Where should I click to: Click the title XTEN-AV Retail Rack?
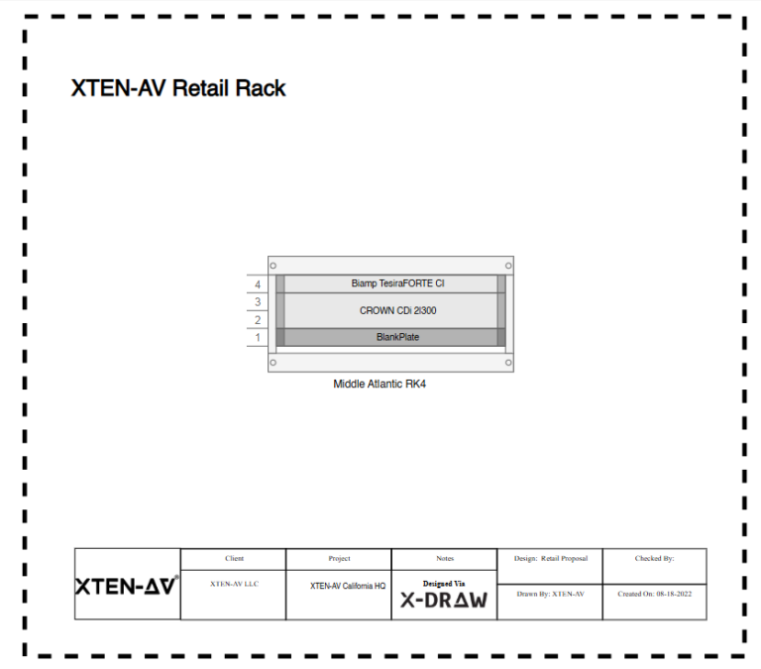[x=178, y=88]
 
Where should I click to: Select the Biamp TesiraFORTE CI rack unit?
[x=390, y=283]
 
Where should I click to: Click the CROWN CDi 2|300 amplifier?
[x=390, y=310]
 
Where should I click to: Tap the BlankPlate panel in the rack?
[x=390, y=337]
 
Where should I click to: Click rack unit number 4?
[x=258, y=284]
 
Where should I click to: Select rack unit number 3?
[x=258, y=302]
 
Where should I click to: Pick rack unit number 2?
[x=258, y=320]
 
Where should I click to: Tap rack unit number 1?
[x=258, y=338]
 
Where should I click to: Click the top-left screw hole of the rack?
[x=273, y=266]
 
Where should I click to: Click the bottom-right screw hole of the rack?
[x=508, y=363]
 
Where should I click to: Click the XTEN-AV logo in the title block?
[x=127, y=585]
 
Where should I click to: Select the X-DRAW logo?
[x=444, y=600]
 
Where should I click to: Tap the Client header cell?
[x=234, y=559]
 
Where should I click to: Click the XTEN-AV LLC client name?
[x=234, y=585]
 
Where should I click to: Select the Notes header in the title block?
[x=445, y=559]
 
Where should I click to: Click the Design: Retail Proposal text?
[x=551, y=559]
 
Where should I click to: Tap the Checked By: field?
[x=654, y=559]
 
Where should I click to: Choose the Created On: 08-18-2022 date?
[x=654, y=595]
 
